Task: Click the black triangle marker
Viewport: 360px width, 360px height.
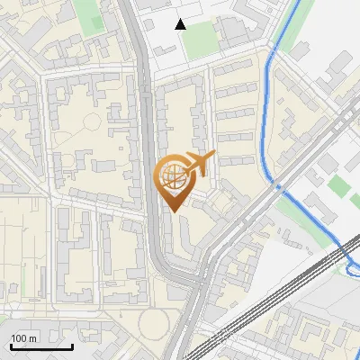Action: [181, 24]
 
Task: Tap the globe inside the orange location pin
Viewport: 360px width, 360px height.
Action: [172, 175]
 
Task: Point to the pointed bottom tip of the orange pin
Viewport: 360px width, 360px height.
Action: [172, 211]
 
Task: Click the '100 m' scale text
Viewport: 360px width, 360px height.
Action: [24, 338]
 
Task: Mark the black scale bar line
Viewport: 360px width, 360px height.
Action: [40, 346]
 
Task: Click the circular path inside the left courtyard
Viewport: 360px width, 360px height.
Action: [92, 122]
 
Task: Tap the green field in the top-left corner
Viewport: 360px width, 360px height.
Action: [87, 15]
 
